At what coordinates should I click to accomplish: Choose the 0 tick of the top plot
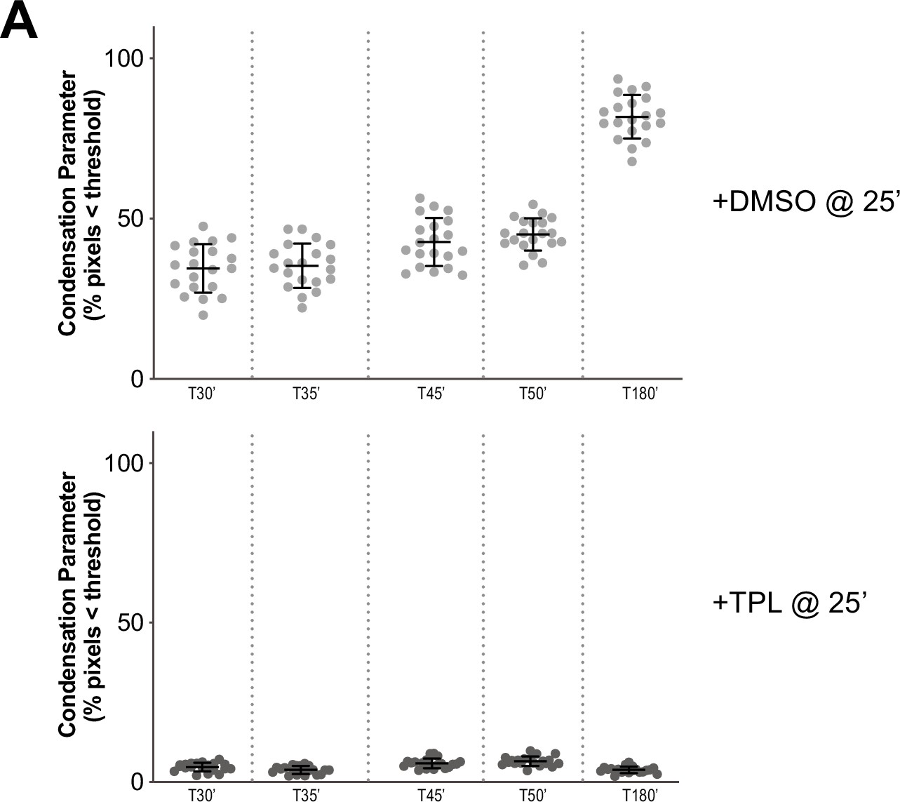click(137, 379)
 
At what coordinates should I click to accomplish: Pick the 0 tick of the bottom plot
click(137, 782)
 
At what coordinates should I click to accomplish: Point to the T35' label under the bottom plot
click(307, 796)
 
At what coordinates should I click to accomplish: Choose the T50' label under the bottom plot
click(532, 796)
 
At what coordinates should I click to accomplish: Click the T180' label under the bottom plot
click(640, 796)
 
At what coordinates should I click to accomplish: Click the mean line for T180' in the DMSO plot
click(632, 116)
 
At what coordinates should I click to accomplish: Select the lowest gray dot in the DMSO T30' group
click(203, 315)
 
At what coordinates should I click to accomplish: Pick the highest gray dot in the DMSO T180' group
click(618, 79)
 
